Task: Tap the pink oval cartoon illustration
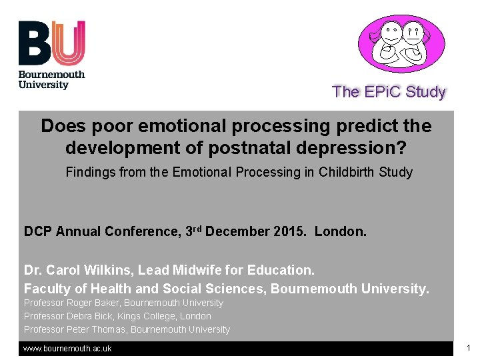tap(401, 44)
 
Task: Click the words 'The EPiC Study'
tap(389, 92)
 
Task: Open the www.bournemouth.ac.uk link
tap(67, 349)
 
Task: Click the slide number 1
tap(469, 348)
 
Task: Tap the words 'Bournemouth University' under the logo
tap(52, 80)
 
